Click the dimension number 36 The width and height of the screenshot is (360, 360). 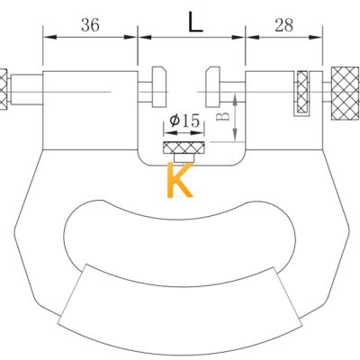click(90, 24)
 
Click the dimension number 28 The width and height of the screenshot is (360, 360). click(283, 25)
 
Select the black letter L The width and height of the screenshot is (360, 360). click(195, 22)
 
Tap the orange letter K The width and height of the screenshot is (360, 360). click(180, 180)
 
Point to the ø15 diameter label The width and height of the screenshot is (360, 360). click(184, 121)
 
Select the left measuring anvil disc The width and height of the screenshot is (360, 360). click(159, 86)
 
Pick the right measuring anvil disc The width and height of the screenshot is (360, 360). click(213, 86)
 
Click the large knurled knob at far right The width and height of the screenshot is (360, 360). click(345, 93)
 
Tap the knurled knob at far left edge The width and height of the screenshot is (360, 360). click(4, 89)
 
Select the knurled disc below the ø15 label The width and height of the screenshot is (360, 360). click(184, 148)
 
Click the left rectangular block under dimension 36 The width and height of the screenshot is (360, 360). click(90, 110)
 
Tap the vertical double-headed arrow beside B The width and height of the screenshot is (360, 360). click(235, 117)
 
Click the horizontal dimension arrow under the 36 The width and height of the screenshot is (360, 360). click(90, 37)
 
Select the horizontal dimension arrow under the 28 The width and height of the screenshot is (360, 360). click(283, 37)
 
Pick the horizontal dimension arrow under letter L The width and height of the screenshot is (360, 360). click(192, 37)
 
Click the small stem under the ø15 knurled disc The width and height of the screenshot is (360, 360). click(184, 157)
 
